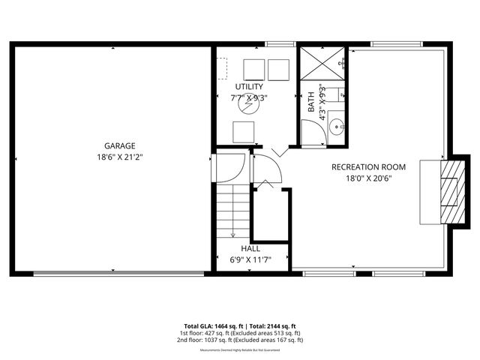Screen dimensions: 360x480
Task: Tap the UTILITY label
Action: [x=249, y=86]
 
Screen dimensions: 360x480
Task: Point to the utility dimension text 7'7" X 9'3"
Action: [x=249, y=97]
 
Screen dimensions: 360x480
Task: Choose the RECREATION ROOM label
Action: [x=368, y=166]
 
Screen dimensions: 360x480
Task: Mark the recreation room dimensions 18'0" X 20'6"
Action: [x=368, y=178]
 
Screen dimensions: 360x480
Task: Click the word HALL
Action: [x=250, y=248]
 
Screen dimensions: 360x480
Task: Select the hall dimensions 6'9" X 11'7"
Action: [x=250, y=260]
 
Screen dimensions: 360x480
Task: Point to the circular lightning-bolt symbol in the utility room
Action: [x=246, y=106]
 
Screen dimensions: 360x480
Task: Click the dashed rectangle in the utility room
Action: [x=221, y=69]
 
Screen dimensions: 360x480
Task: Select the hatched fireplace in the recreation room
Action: [x=449, y=192]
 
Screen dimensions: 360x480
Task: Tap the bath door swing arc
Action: [x=313, y=133]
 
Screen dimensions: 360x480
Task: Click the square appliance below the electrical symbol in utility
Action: [x=244, y=132]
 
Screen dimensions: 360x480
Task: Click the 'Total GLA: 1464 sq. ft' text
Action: [x=206, y=326]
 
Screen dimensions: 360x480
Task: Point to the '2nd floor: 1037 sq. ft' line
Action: [x=240, y=340]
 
